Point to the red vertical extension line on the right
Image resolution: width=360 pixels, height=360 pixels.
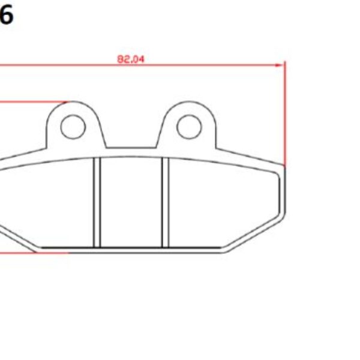286,114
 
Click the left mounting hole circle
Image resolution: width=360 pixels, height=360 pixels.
74,125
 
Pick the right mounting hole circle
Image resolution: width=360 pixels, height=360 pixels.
188,125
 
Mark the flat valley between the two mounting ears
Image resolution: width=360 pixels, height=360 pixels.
131,148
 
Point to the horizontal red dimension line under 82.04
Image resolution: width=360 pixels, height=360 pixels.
180,64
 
